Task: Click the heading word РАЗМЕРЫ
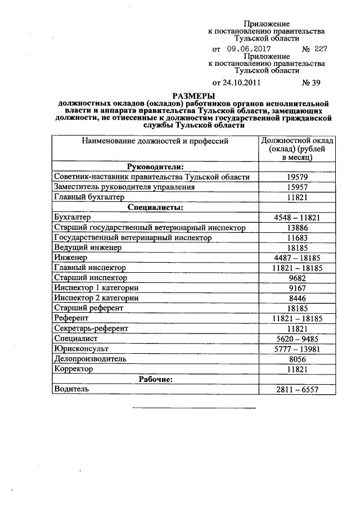(193, 96)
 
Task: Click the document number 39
(311, 83)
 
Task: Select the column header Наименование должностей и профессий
(155, 141)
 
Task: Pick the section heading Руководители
(155, 167)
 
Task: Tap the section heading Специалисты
(155, 207)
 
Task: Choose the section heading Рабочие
(155, 379)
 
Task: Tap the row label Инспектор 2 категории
(96, 298)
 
